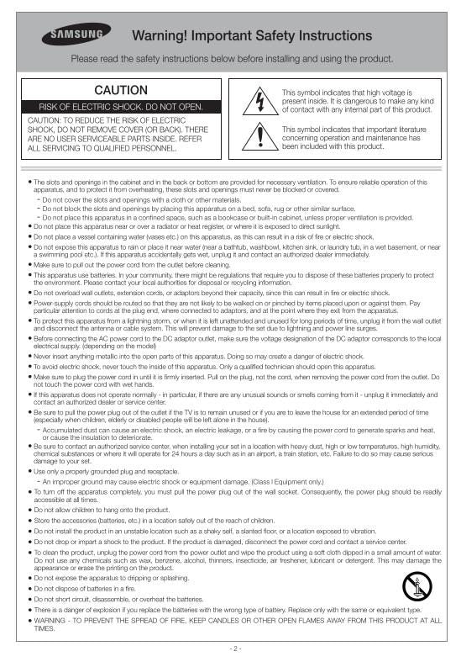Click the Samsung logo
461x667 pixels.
point(76,35)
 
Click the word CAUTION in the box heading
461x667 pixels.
point(120,90)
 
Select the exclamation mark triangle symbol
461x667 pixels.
point(259,135)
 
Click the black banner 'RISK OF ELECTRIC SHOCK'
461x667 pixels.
point(122,108)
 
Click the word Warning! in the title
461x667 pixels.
point(165,35)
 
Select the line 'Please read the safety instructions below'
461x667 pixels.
point(232,59)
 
